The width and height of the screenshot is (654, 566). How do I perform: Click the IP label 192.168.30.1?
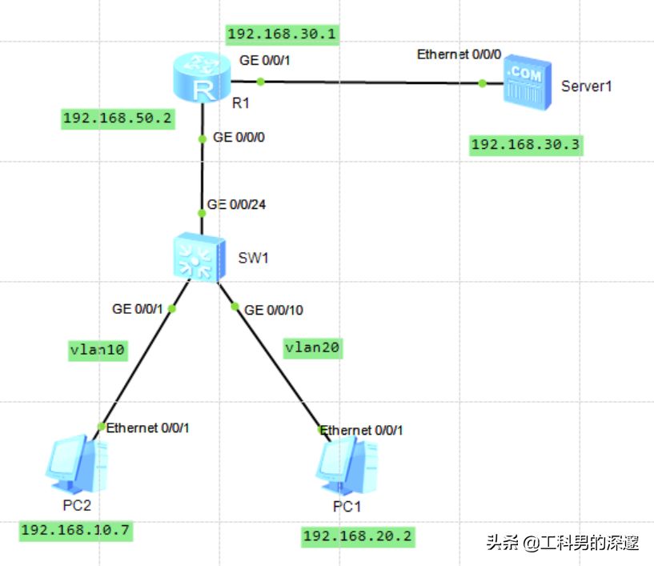pos(282,34)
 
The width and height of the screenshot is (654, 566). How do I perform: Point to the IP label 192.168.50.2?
pos(117,118)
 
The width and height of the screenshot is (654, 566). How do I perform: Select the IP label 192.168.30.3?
pos(524,144)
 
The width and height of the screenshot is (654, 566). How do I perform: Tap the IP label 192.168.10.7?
pos(75,530)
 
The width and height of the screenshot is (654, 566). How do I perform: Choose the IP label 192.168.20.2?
pos(358,536)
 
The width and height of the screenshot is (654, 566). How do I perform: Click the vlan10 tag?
pos(98,350)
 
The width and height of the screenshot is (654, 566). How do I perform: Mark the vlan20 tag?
pos(313,347)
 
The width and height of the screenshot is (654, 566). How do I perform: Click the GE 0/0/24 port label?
pos(236,204)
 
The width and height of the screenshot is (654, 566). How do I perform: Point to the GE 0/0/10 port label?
pos(274,310)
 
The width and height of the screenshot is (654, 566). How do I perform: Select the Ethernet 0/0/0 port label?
pos(459,54)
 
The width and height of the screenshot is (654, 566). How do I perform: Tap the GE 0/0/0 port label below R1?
pos(239,138)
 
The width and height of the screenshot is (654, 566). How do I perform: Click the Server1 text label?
pos(586,86)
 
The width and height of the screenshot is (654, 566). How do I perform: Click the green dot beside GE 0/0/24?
pos(202,212)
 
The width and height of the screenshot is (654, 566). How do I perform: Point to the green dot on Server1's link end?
pos(482,82)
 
